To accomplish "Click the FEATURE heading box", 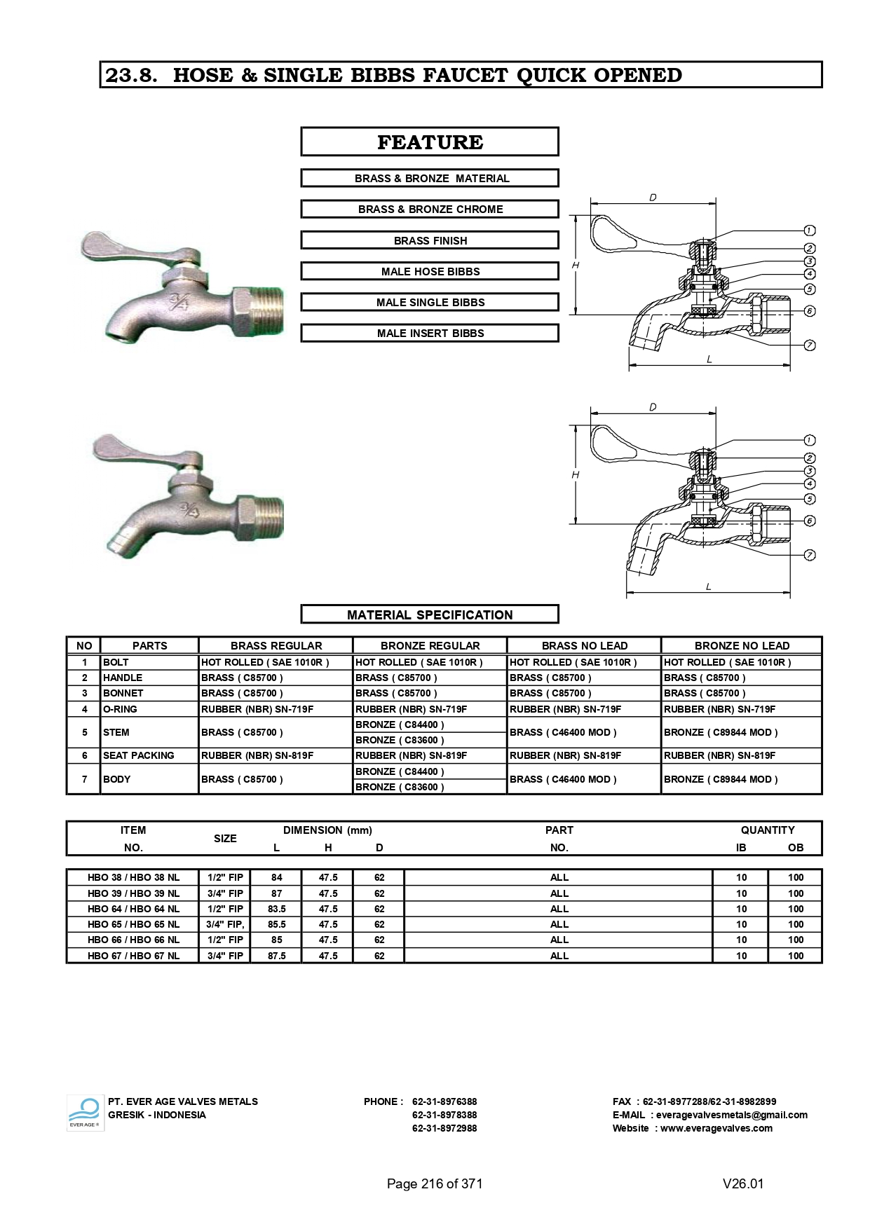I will (430, 142).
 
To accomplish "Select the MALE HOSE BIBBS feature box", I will (430, 271).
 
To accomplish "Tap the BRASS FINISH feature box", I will (430, 240).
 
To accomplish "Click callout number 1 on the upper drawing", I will (809, 231).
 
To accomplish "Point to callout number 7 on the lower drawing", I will (809, 555).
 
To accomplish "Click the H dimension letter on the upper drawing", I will (576, 265).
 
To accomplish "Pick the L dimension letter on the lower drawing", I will (709, 586).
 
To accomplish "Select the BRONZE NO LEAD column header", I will (742, 645).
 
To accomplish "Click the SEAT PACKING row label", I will (139, 755).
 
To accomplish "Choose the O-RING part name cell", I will (120, 709).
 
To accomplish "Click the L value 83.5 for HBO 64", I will (277, 909).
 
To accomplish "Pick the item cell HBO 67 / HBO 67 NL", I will (133, 956).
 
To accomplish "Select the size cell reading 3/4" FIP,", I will (225, 924).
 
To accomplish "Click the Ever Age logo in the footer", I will (85, 1113).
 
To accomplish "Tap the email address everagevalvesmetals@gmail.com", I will (731, 1115).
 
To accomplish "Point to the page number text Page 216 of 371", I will (435, 1183).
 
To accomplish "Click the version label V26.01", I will (743, 1183).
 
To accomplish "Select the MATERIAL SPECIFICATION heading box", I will (430, 614).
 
